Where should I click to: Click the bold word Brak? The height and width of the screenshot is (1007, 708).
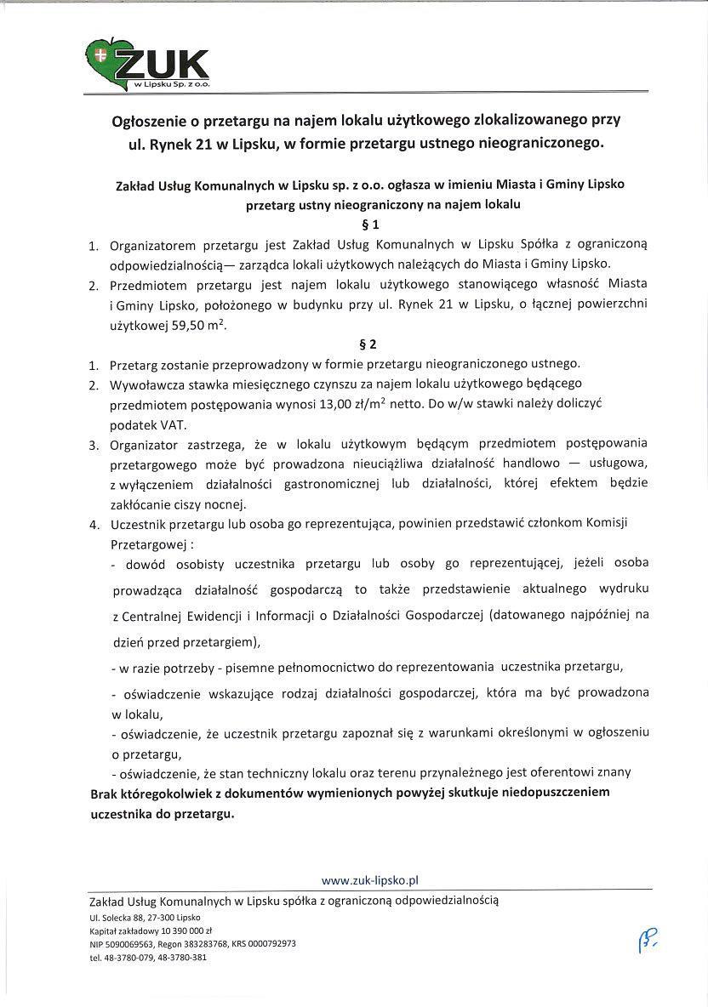(x=105, y=792)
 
